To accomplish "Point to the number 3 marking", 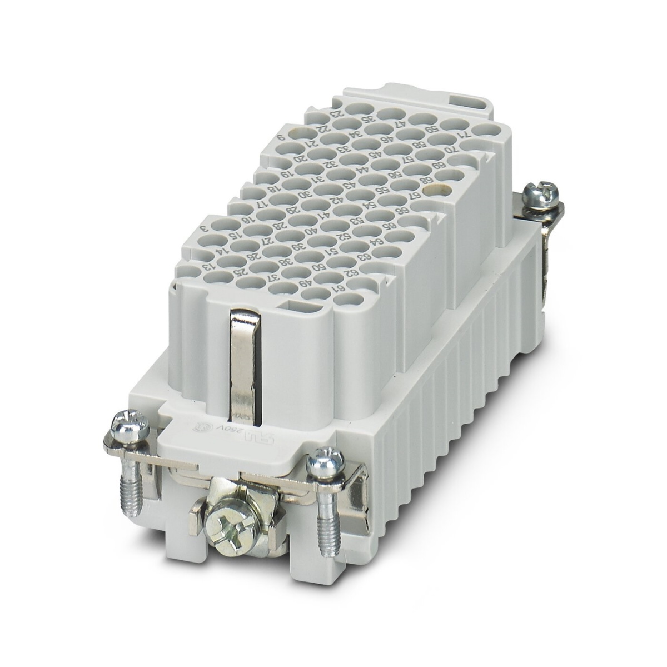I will pos(204,227).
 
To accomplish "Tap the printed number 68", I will pos(428,180).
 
